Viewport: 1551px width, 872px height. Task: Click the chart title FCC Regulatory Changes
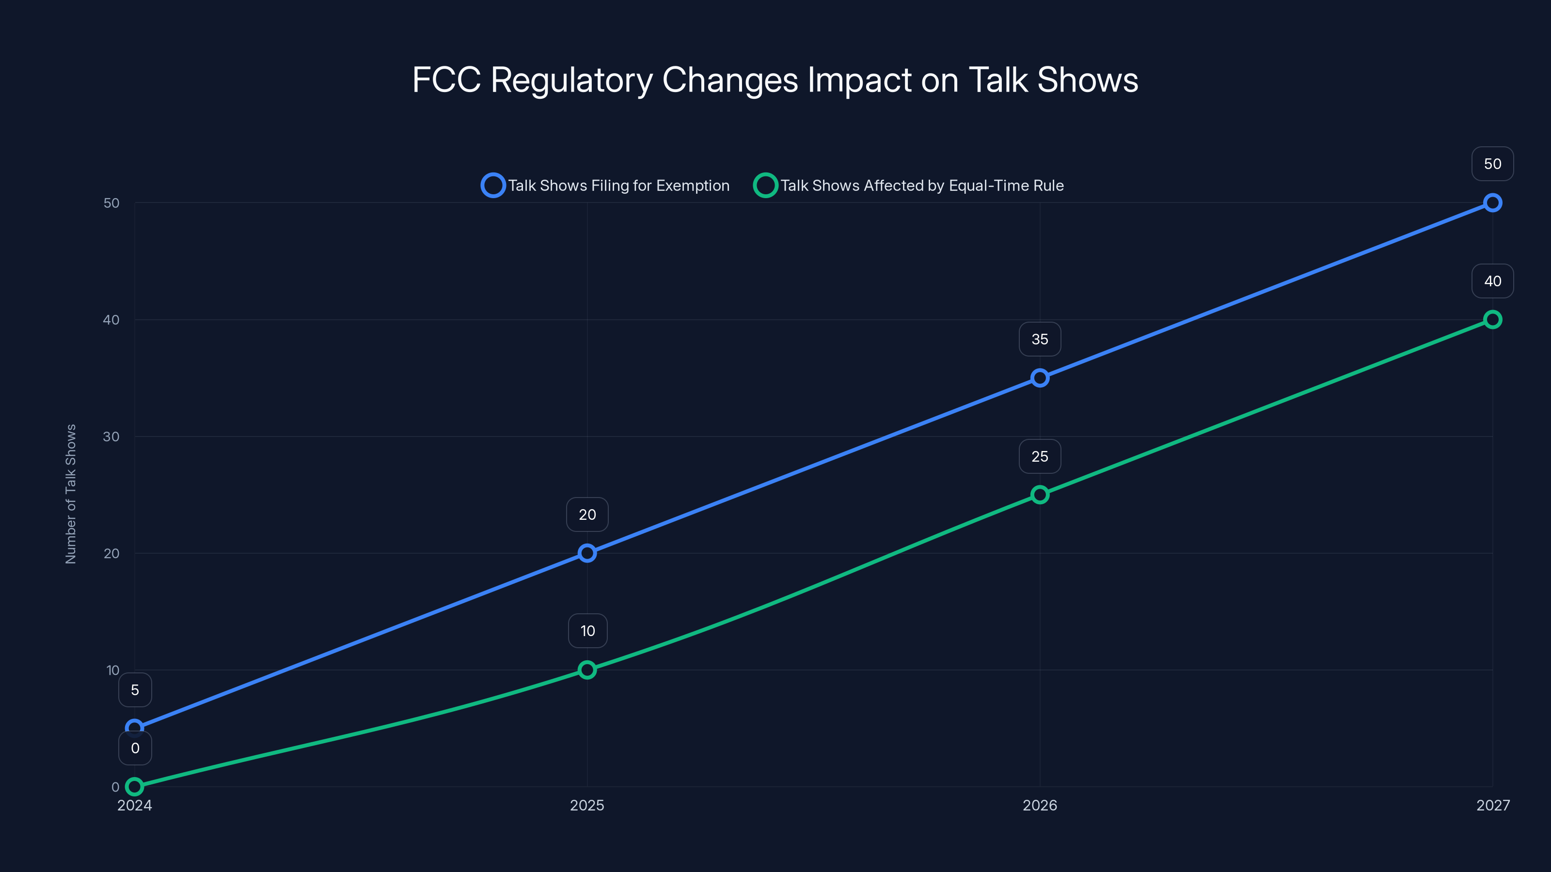(x=775, y=79)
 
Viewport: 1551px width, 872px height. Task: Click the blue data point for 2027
(x=1492, y=203)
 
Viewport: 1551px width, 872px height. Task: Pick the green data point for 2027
(x=1492, y=320)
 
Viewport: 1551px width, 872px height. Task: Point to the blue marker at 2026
(x=1040, y=378)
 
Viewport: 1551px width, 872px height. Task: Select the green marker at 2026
(x=1040, y=495)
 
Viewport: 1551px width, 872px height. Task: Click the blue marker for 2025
(x=587, y=553)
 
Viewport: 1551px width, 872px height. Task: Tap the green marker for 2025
(x=587, y=670)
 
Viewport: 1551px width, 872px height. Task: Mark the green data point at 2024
(x=135, y=787)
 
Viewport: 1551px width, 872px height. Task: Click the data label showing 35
(x=1040, y=340)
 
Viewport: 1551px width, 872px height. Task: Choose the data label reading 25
(x=1040, y=457)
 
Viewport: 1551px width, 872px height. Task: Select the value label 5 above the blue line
(x=135, y=690)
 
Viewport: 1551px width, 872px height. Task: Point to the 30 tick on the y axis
(x=111, y=436)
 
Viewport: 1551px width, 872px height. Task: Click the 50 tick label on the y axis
(x=111, y=203)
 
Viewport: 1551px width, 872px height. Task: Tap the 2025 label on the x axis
(x=587, y=805)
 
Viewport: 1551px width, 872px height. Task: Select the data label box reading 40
(x=1492, y=281)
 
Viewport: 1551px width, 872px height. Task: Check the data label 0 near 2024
(x=135, y=748)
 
